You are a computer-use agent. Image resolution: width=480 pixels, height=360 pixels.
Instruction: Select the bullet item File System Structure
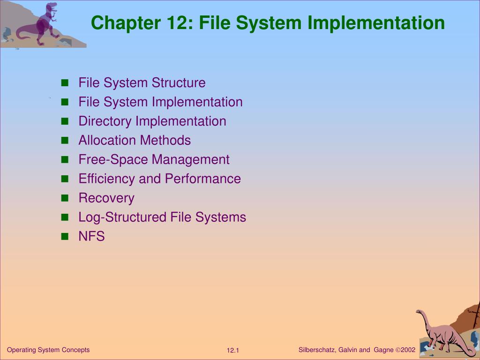point(142,83)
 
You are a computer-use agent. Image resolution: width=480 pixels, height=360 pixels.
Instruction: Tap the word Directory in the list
point(105,121)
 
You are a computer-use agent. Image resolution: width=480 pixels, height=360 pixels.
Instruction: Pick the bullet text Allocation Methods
point(135,141)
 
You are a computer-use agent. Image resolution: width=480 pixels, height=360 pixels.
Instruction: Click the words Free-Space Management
point(154,160)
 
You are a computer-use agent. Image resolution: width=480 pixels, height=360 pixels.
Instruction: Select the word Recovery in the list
point(106,198)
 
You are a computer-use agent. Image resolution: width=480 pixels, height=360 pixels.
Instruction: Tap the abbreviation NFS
point(91,237)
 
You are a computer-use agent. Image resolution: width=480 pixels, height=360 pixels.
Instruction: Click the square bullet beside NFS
point(65,237)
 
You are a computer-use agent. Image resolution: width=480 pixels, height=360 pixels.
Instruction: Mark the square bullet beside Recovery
point(65,198)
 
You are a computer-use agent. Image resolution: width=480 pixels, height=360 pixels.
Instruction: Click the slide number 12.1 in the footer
point(233,351)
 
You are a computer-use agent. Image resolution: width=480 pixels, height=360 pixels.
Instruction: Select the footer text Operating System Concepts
point(48,350)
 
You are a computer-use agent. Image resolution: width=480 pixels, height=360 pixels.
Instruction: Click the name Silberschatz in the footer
point(316,350)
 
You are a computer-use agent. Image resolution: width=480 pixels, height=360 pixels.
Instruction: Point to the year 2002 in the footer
point(408,350)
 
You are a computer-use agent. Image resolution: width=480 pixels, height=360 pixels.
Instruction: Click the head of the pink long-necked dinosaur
point(419,312)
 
